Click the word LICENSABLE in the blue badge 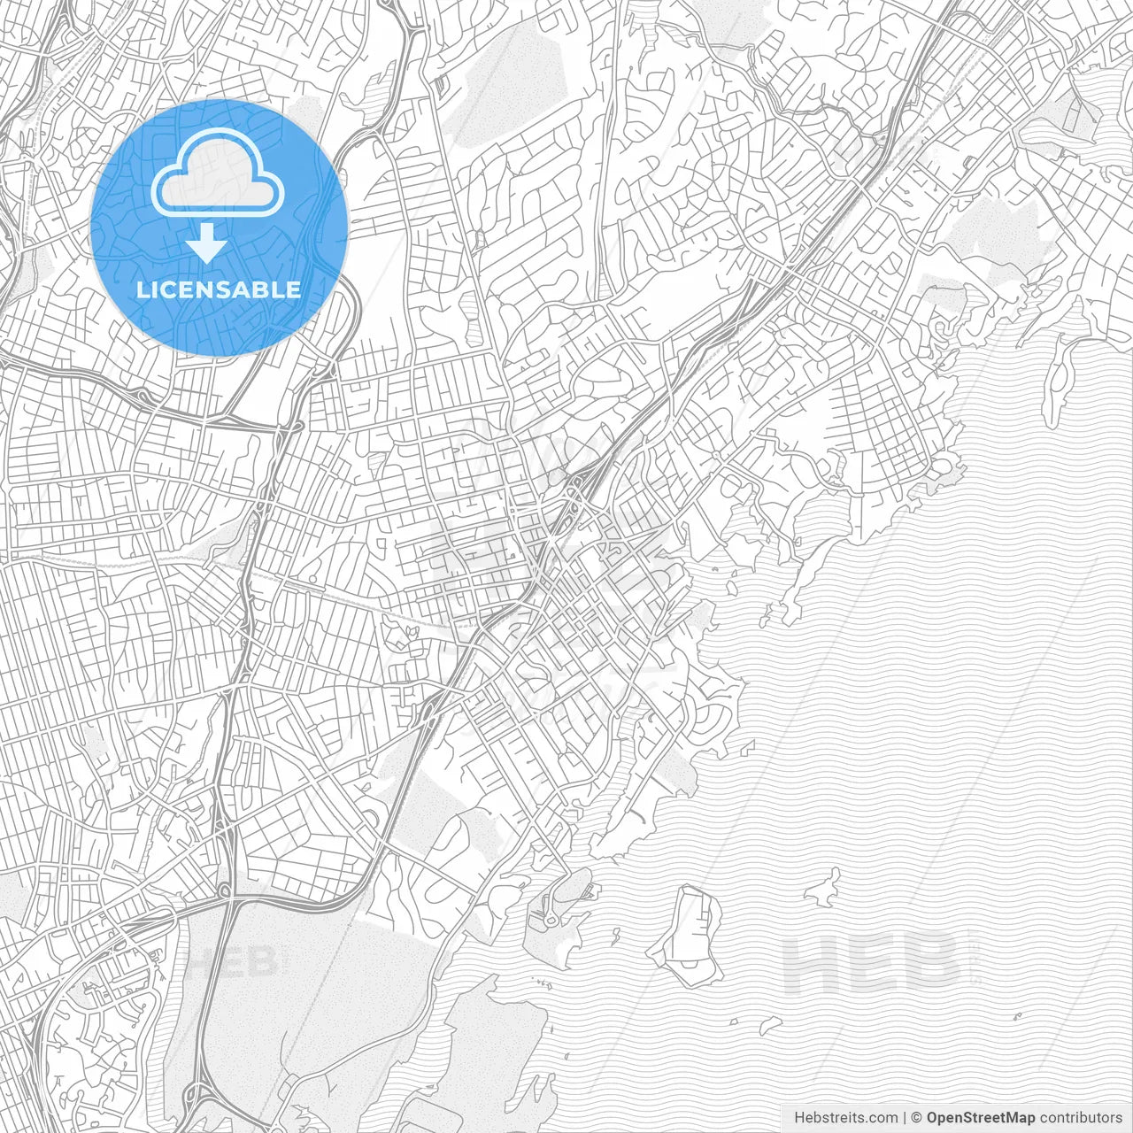click(x=219, y=289)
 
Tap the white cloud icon click(x=218, y=177)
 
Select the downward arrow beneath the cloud click(x=207, y=242)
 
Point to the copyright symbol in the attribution click(x=917, y=1118)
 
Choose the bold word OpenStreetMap click(x=981, y=1118)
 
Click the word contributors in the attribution click(x=1081, y=1118)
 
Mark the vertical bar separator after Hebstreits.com click(x=904, y=1118)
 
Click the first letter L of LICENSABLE click(x=143, y=289)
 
